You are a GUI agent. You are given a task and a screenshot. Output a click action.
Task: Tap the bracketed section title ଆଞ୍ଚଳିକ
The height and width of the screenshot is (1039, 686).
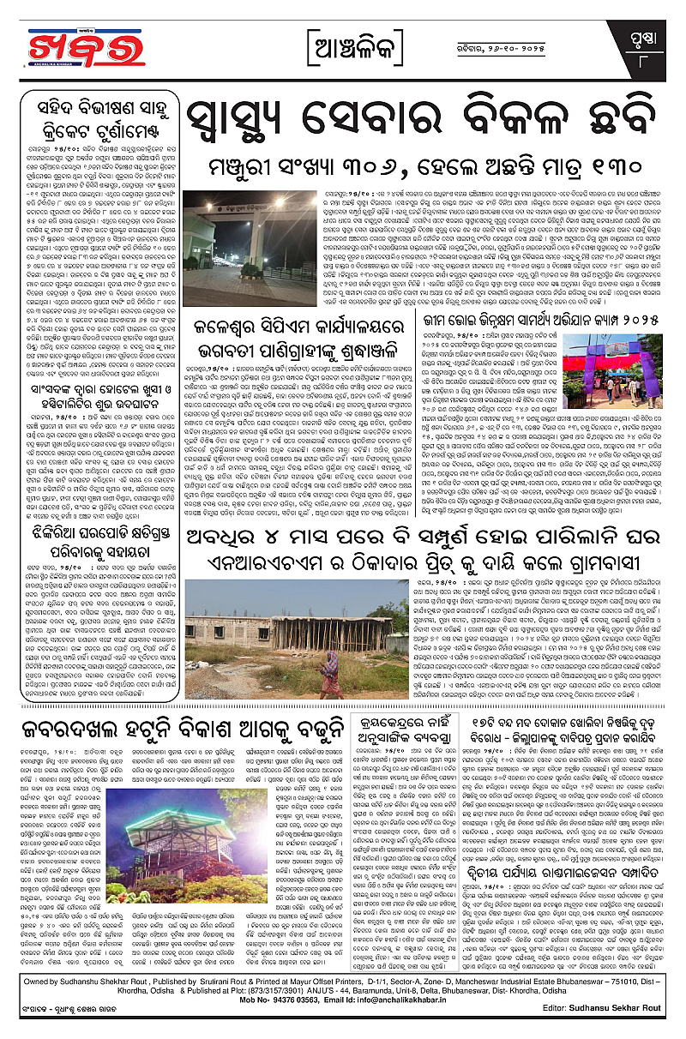[344, 44]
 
